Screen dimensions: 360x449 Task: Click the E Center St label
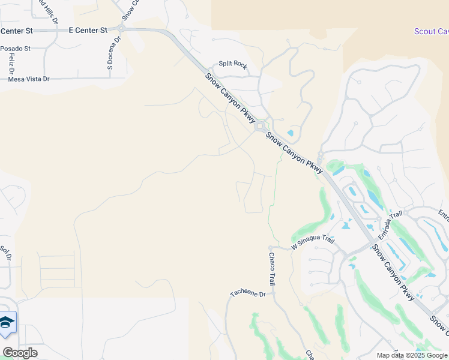tap(88, 29)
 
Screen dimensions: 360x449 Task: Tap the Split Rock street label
tap(232, 64)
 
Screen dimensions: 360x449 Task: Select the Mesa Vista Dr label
tap(28, 79)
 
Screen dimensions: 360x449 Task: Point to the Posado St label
tap(15, 48)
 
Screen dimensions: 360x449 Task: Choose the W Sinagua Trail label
tap(312, 242)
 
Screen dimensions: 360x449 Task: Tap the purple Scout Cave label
tap(431, 31)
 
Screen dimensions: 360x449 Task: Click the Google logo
tap(20, 353)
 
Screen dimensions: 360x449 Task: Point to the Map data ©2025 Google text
tap(411, 355)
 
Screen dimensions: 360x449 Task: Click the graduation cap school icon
tap(7, 323)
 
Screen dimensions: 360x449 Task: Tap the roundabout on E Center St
tap(121, 28)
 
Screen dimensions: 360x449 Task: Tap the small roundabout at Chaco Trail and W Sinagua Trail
tap(271, 247)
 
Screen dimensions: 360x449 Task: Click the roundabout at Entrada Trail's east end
tap(405, 212)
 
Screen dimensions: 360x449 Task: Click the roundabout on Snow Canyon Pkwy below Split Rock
tap(260, 127)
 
